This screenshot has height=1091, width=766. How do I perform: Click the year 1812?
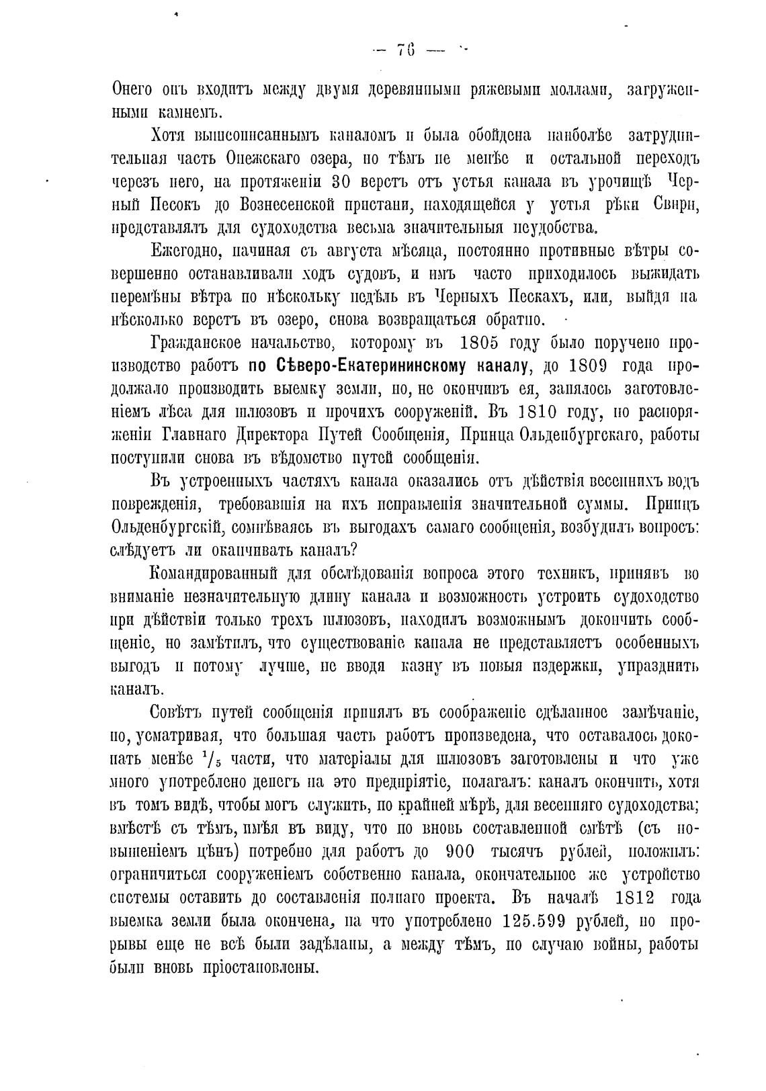tap(639, 899)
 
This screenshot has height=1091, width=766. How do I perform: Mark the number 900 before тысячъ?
tap(460, 852)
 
